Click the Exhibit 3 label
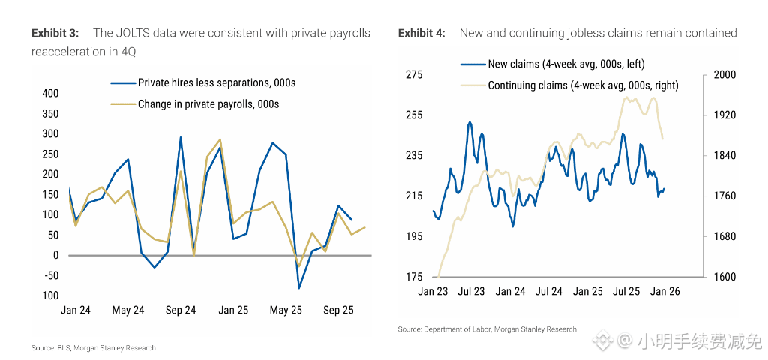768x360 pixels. pyautogui.click(x=55, y=33)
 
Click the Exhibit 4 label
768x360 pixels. pyautogui.click(x=421, y=33)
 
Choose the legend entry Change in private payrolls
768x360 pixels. pyautogui.click(x=208, y=104)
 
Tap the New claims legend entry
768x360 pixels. pyautogui.click(x=565, y=64)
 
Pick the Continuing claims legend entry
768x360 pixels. pyautogui.click(x=583, y=85)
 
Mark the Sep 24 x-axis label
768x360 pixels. pyautogui.click(x=180, y=310)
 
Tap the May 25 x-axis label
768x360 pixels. pyautogui.click(x=285, y=310)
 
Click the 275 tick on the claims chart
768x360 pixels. pyautogui.click(x=414, y=75)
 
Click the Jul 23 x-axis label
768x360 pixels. pyautogui.click(x=471, y=292)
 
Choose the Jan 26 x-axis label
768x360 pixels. pyautogui.click(x=664, y=292)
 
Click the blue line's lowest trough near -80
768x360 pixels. pyautogui.click(x=298, y=288)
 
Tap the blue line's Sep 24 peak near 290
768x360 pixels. pyautogui.click(x=181, y=137)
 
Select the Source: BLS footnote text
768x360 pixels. pyautogui.click(x=94, y=347)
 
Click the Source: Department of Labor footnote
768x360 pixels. pyautogui.click(x=487, y=328)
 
